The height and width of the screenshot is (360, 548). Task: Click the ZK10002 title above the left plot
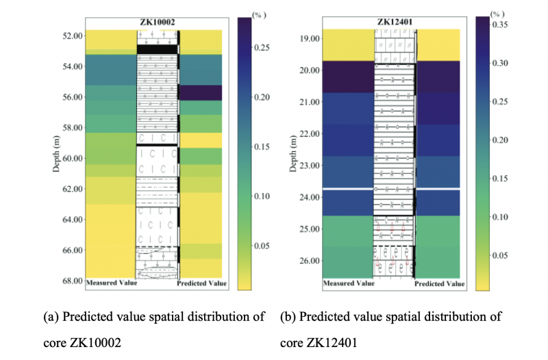[x=157, y=22]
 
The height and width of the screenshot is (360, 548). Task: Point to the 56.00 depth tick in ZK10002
[x=71, y=97]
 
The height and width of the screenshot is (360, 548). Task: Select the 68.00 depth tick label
[x=71, y=281]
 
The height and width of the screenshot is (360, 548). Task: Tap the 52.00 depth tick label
[x=71, y=36]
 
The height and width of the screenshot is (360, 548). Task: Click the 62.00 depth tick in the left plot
[x=71, y=189]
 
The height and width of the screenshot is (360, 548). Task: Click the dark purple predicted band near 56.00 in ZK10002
[x=199, y=92]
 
